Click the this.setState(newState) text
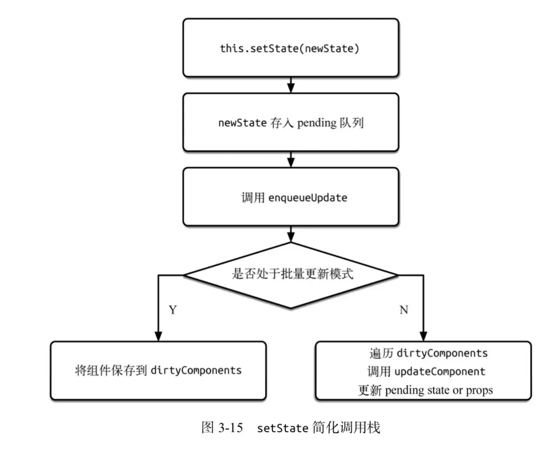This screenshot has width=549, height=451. (290, 48)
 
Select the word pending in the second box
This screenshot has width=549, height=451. (317, 123)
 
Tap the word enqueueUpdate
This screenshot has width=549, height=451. (307, 198)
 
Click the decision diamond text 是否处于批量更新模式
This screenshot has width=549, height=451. (292, 274)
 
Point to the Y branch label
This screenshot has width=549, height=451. (173, 310)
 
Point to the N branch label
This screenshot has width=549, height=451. (403, 310)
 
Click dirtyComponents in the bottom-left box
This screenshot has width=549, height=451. (196, 371)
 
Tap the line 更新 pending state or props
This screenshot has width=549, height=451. (425, 390)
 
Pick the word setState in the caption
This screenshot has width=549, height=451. (282, 428)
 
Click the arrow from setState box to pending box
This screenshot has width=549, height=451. (291, 85)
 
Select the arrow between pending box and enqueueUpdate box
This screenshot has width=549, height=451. (291, 160)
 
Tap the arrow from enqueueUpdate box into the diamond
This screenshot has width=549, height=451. (291, 234)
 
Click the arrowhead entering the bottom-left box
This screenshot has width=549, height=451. (159, 335)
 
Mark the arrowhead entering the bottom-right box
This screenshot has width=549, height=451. (423, 335)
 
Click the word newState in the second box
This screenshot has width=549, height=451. (242, 123)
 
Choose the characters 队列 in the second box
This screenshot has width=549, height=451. (352, 123)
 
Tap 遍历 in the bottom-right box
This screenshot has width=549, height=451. (381, 353)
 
